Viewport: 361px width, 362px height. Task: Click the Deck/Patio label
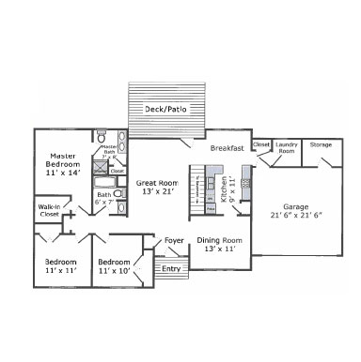165,110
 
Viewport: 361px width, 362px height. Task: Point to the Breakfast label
227,148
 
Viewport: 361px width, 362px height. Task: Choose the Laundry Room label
286,148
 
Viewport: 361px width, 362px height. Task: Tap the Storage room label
321,145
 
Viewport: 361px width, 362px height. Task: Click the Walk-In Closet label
50,210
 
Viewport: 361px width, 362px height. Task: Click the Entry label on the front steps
170,269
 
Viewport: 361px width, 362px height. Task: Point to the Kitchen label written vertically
224,190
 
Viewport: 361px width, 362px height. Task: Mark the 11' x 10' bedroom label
114,265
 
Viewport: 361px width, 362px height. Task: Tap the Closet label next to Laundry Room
261,145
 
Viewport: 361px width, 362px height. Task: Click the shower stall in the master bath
100,172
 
